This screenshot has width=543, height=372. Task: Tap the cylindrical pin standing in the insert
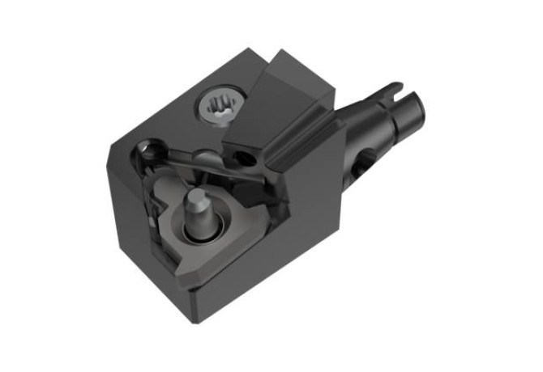pos(199,212)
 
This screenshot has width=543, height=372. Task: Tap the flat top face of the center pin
pos(195,197)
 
